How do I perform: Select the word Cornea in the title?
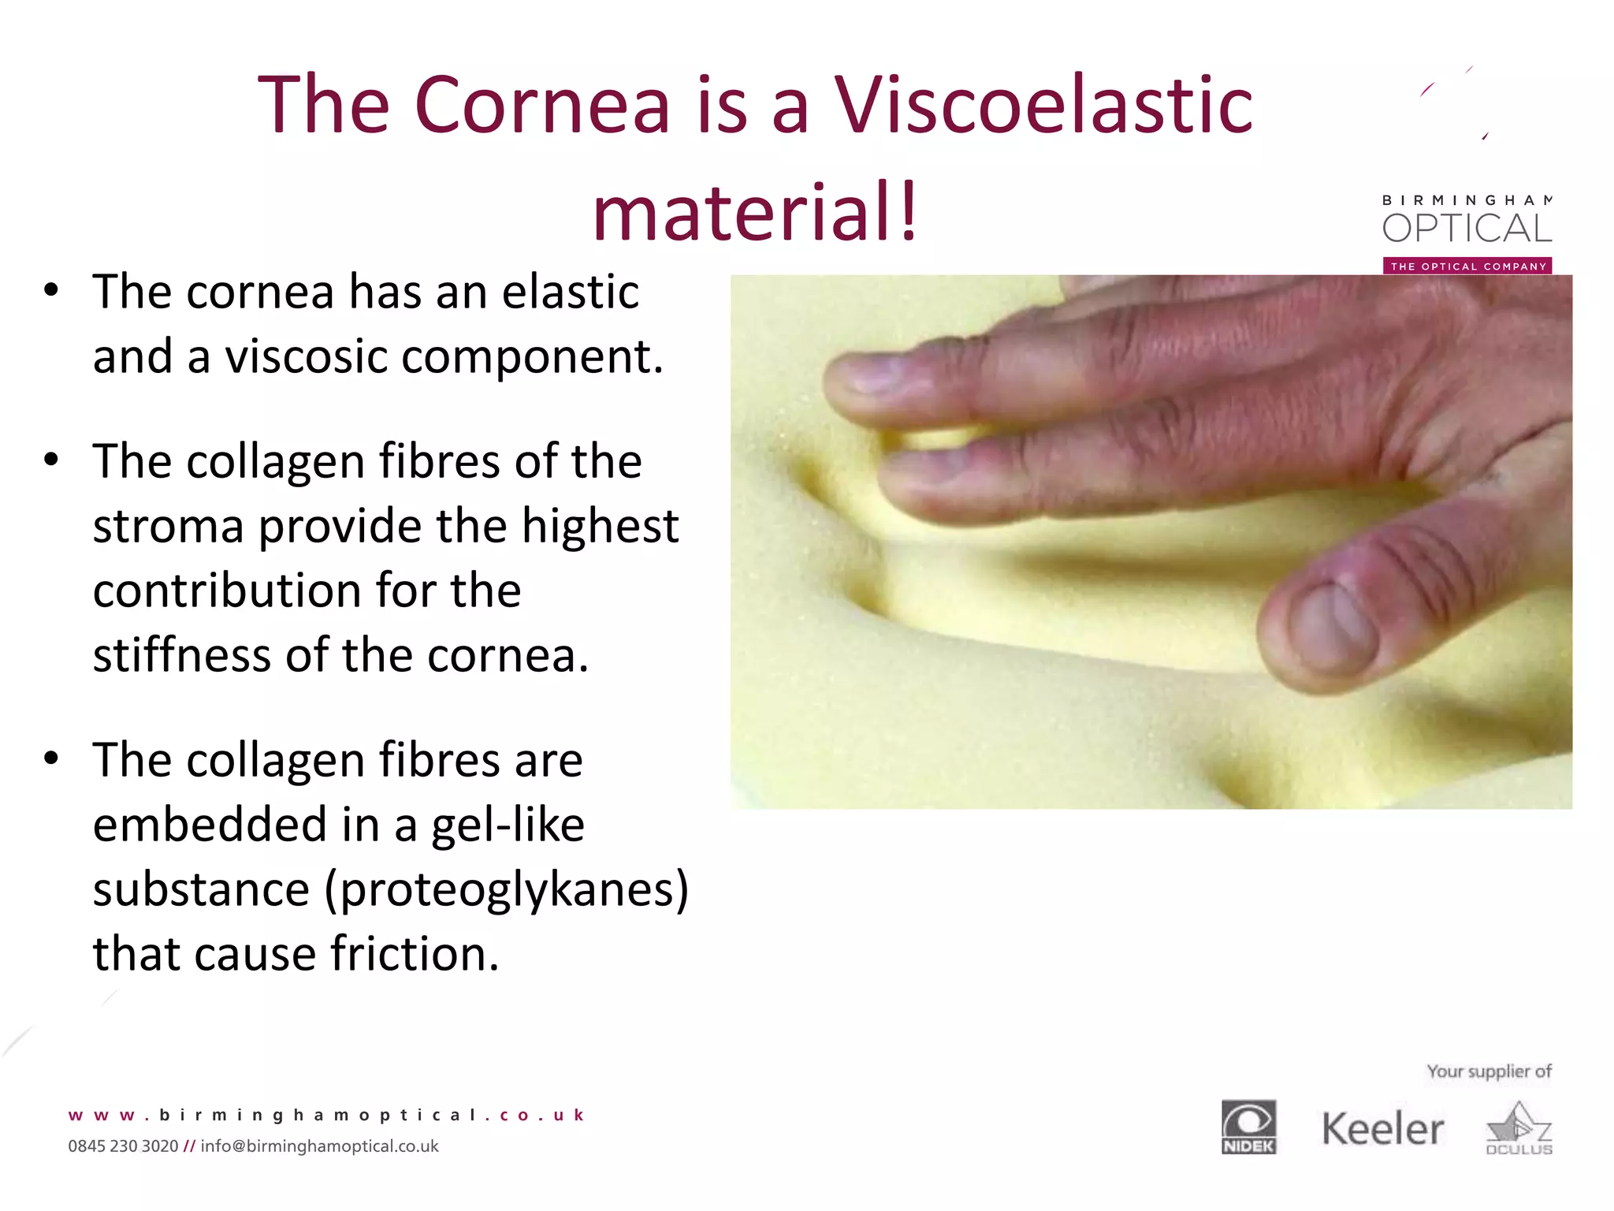(541, 105)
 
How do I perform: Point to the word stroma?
(168, 527)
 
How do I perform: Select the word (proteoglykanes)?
(507, 889)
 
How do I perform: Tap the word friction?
(414, 954)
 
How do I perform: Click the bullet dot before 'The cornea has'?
(51, 290)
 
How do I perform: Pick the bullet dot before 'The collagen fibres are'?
(51, 758)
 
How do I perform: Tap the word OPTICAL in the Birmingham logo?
(1467, 229)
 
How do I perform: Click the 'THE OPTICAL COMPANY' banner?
(1467, 266)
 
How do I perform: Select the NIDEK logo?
(1248, 1127)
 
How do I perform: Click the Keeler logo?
(1382, 1129)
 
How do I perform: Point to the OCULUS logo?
(1519, 1130)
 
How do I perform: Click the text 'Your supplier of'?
(1489, 1071)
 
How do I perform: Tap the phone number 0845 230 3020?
(123, 1146)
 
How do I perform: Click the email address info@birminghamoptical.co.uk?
(319, 1146)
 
